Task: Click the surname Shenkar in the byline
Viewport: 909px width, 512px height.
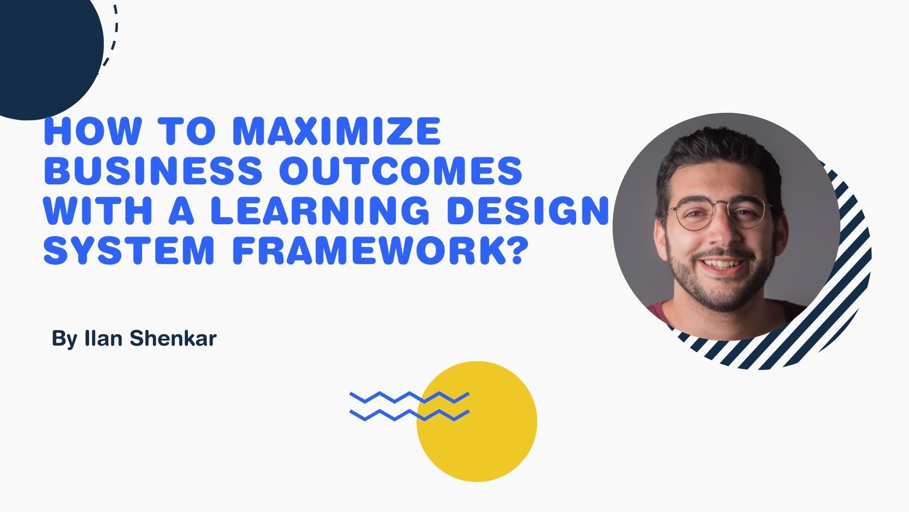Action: pyautogui.click(x=173, y=338)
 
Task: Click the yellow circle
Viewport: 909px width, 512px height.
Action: pyautogui.click(x=477, y=421)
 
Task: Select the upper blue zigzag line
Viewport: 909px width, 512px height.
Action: pyautogui.click(x=410, y=398)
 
